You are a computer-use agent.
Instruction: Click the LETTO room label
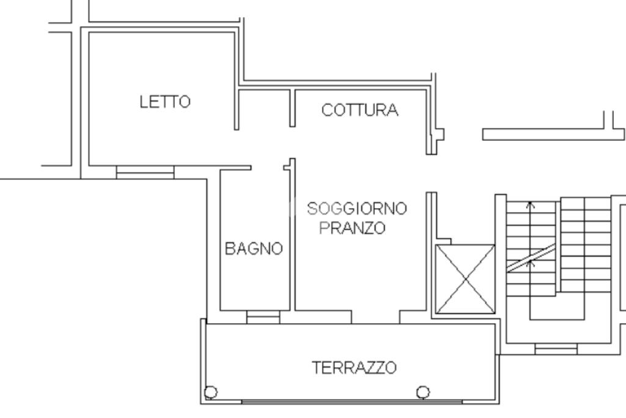click(165, 102)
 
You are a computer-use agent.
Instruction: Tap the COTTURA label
click(359, 110)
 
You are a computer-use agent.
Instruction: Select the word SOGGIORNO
click(357, 208)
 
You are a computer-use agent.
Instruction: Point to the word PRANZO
click(352, 228)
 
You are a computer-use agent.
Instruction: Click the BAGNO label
click(254, 248)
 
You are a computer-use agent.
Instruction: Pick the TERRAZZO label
click(354, 367)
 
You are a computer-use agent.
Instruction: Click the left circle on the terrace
click(211, 392)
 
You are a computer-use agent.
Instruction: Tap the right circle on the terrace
click(423, 392)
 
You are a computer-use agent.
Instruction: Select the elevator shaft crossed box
click(465, 279)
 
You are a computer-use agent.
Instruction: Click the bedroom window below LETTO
click(145, 172)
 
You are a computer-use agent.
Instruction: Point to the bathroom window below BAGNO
click(263, 317)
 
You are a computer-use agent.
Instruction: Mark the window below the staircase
click(556, 349)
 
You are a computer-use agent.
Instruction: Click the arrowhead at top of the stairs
click(530, 204)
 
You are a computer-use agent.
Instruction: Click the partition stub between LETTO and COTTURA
click(292, 108)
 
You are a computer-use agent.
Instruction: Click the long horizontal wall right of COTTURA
click(553, 134)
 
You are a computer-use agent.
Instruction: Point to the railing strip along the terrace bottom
click(352, 401)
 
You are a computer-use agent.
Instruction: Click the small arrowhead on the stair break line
click(530, 262)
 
